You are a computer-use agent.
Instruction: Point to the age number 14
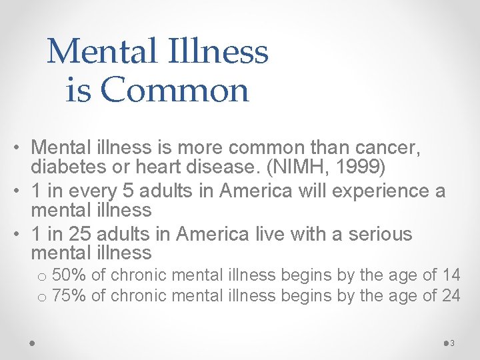(x=451, y=274)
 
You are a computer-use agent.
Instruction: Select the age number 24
(x=451, y=295)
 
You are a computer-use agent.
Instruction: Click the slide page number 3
(x=452, y=343)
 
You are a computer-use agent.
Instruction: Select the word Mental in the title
(x=91, y=51)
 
